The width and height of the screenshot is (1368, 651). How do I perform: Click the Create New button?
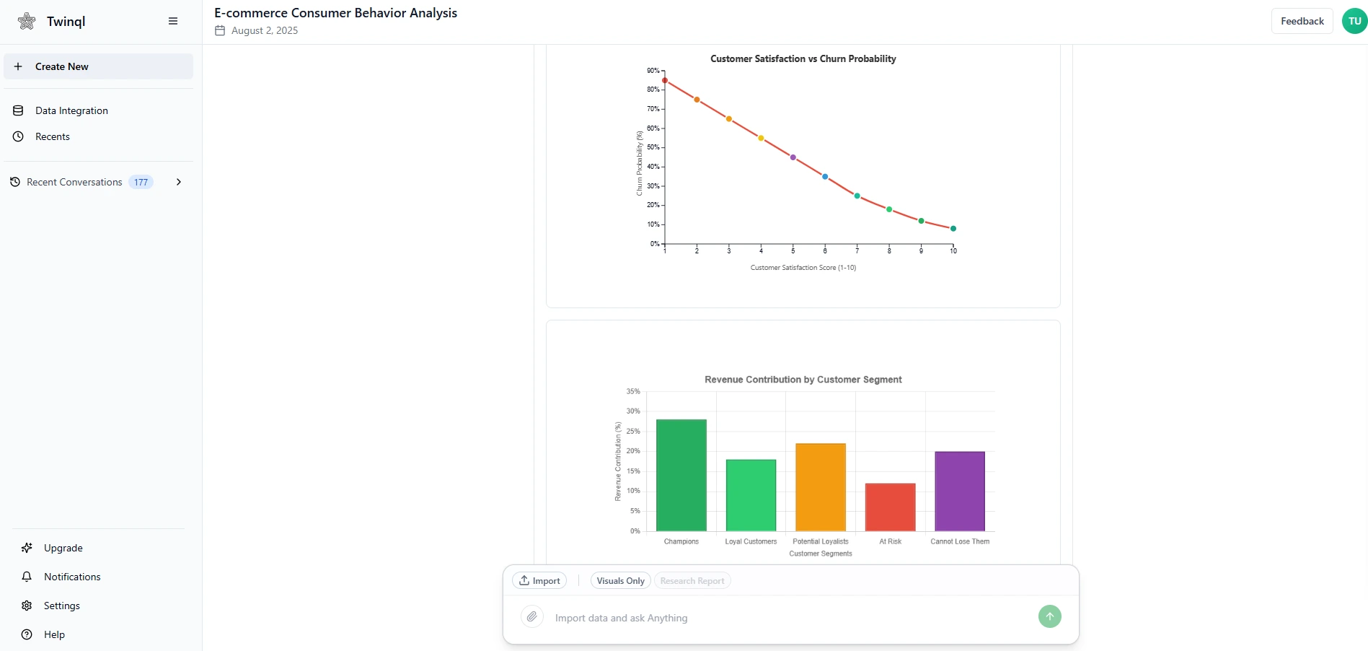pos(98,66)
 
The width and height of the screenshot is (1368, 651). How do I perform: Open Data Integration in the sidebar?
pos(71,110)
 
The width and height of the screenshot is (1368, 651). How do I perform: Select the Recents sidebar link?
pos(53,136)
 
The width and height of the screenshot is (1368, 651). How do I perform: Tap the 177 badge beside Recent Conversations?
pos(141,182)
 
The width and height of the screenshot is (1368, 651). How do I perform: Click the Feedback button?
pos(1302,21)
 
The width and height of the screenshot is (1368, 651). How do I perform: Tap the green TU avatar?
pos(1354,21)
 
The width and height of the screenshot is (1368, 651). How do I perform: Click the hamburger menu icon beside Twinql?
pos(173,21)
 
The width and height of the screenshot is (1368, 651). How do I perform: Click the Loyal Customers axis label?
pos(751,541)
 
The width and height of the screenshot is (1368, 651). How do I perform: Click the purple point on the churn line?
pos(793,157)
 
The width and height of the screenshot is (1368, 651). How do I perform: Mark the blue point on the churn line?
pos(825,177)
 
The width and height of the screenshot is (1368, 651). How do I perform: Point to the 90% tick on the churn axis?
pos(653,71)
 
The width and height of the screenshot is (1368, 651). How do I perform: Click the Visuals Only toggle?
pos(620,581)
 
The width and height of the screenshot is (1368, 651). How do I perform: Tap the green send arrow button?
pos(1049,616)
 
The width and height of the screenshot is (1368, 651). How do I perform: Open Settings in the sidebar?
pos(61,606)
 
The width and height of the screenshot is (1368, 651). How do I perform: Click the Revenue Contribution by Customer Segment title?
pos(803,380)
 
